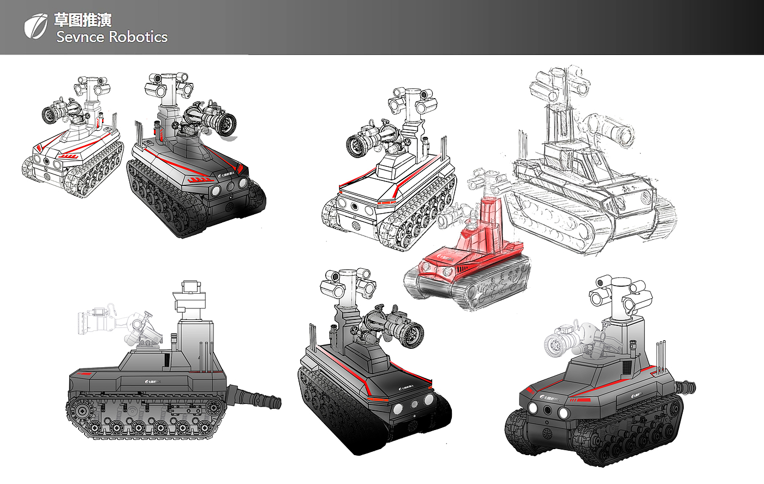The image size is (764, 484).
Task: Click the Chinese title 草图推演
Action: [x=83, y=20]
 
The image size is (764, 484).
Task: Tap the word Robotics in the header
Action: [x=138, y=37]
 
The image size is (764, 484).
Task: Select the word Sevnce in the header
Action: [x=80, y=37]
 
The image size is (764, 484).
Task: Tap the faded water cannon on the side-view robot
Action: [x=117, y=324]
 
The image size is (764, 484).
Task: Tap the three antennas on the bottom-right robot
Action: [x=661, y=354]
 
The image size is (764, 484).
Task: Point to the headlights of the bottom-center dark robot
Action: [x=411, y=404]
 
